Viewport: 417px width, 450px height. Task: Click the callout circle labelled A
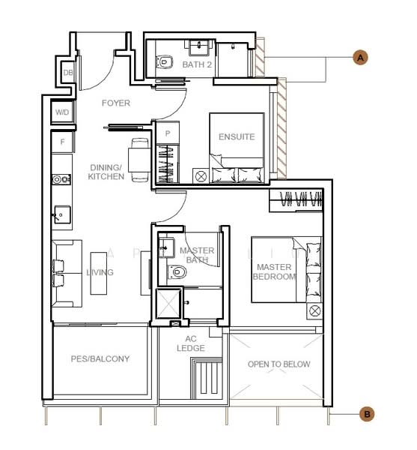pos(360,57)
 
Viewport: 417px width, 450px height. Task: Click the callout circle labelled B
pos(368,413)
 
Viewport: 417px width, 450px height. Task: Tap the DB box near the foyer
pos(67,73)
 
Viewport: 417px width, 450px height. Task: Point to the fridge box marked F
pos(62,141)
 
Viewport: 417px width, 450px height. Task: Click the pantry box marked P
pos(167,133)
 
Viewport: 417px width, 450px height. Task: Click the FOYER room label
pos(116,103)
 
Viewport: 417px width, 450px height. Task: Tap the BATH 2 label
pos(197,65)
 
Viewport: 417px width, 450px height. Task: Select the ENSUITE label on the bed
pos(237,136)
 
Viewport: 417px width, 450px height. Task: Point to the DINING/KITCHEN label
pos(106,172)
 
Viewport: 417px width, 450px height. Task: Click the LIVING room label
pos(100,272)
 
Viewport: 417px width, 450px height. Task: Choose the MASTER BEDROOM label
pos(274,271)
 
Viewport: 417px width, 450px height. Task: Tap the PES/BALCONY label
pos(100,359)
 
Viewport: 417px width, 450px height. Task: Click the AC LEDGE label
pos(191,343)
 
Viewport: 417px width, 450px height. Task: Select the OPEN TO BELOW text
pos(278,364)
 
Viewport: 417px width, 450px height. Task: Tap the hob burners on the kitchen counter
pos(61,180)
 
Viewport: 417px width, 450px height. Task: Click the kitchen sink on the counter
pos(61,216)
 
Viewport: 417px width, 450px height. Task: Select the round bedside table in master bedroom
pos(314,310)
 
